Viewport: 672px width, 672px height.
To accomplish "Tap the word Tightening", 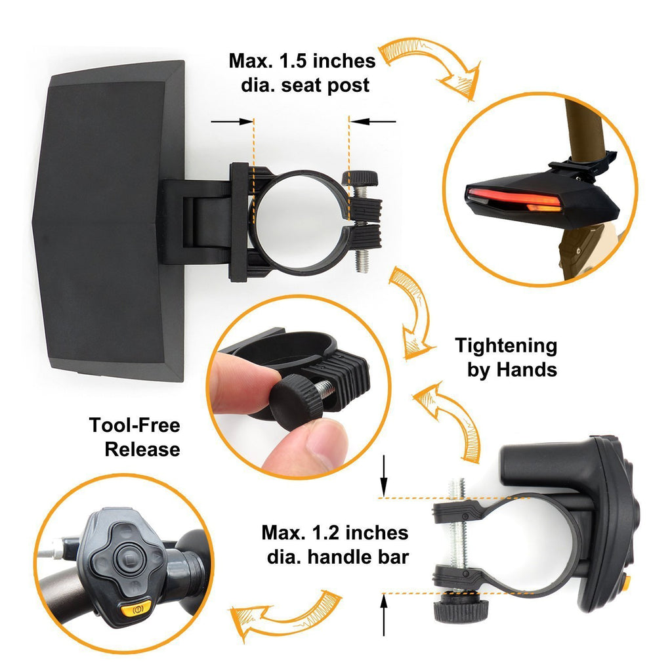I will click(x=506, y=346).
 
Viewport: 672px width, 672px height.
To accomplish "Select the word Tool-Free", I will click(x=135, y=425).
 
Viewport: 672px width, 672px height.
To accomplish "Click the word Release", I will click(x=142, y=450).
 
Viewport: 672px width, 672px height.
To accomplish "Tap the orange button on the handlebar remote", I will click(x=136, y=610).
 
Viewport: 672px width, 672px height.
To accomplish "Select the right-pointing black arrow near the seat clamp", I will click(x=233, y=121).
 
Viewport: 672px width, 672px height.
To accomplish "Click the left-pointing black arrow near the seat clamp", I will click(x=373, y=121).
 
